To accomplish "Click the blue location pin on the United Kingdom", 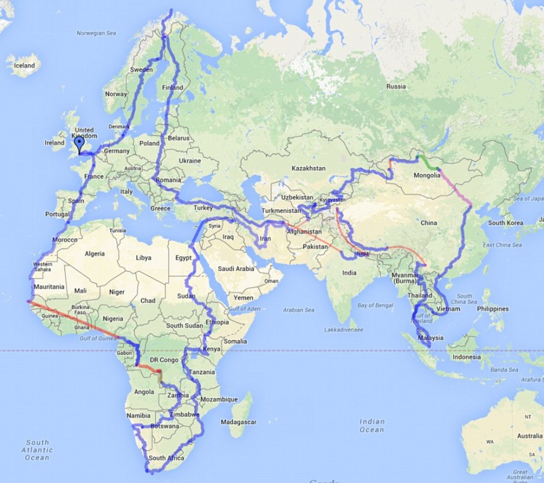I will (x=79, y=144).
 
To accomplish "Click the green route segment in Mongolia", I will (x=426, y=163).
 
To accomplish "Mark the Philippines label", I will (x=492, y=309).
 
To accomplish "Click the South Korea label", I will (x=506, y=223).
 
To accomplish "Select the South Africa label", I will (x=165, y=458).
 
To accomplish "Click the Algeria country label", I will (x=94, y=254).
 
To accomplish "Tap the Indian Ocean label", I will (x=372, y=425).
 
